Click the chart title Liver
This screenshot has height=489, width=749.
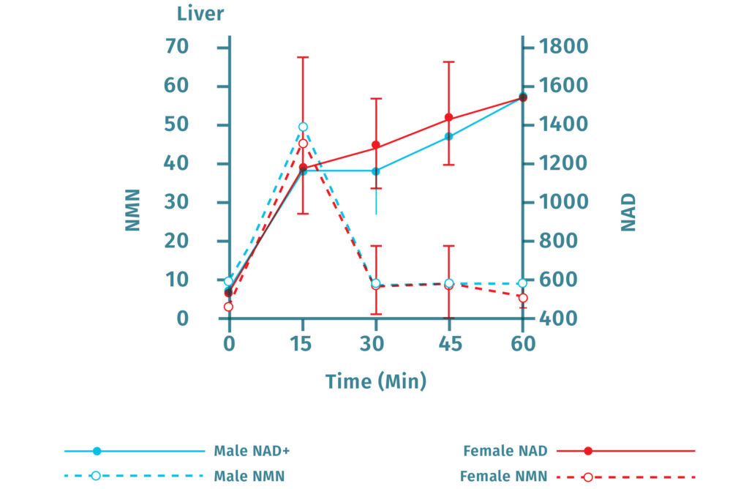(x=200, y=13)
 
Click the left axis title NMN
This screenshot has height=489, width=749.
(x=132, y=210)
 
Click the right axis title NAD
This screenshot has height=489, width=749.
(x=628, y=212)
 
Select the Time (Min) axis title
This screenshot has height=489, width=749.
(x=376, y=381)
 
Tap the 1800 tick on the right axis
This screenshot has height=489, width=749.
(x=563, y=48)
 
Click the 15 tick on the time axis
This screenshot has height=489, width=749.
(x=303, y=343)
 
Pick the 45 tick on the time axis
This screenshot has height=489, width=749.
(x=449, y=343)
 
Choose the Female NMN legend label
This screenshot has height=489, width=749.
(x=503, y=477)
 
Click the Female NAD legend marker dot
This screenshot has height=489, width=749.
(x=587, y=450)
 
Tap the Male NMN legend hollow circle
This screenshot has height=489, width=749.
(x=96, y=476)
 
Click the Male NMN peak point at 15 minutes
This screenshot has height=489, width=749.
(x=303, y=127)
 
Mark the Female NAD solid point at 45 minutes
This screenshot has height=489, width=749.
(x=449, y=117)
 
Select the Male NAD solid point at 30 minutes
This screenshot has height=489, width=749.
(x=376, y=171)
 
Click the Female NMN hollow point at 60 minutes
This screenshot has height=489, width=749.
(x=523, y=298)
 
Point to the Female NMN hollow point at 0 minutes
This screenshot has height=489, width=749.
(x=228, y=307)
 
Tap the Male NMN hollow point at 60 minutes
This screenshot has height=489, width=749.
(x=523, y=283)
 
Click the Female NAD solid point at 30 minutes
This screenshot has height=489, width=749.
(x=376, y=145)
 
